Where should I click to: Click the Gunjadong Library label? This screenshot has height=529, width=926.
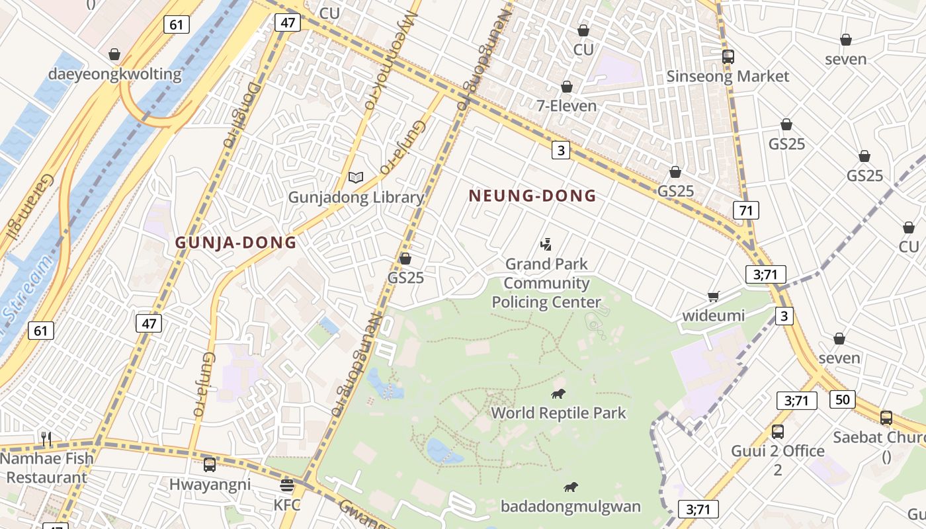[356, 197]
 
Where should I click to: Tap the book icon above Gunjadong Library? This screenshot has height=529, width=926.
[356, 177]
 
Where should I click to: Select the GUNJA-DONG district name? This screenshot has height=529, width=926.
[235, 243]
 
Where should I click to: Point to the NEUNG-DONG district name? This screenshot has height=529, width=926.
[532, 196]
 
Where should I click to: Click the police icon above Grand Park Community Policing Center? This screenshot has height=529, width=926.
[546, 245]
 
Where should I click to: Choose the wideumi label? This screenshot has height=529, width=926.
[713, 315]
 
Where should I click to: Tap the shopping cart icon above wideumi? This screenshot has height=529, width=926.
[713, 296]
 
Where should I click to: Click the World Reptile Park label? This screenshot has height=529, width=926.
[558, 413]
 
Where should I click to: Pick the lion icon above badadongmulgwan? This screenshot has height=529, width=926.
[570, 487]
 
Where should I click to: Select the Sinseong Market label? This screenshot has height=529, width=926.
[728, 76]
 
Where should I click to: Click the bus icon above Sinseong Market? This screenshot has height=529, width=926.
[728, 57]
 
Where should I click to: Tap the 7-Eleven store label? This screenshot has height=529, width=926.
[566, 106]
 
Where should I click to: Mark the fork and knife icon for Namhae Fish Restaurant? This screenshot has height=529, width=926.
[46, 438]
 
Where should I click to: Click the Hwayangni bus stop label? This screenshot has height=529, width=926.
[210, 484]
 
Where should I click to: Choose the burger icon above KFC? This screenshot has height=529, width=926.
[287, 485]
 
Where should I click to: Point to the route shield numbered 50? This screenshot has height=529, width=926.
[842, 399]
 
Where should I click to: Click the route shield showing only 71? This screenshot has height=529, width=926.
[745, 211]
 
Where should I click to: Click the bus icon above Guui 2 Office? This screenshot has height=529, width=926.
[778, 432]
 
